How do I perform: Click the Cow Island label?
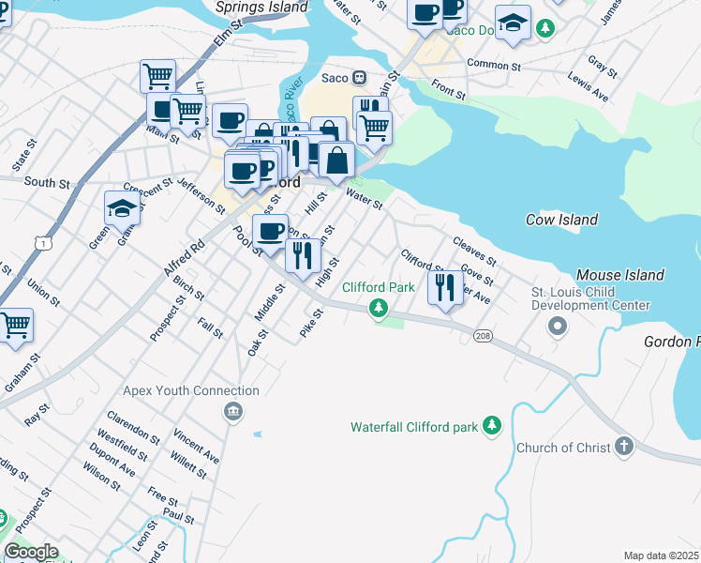561,220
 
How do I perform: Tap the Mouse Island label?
619,275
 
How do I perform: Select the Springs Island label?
261,7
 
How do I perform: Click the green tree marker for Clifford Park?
378,308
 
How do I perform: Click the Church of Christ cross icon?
625,448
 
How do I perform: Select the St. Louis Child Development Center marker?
558,327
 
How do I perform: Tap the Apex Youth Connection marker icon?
231,411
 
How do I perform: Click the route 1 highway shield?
42,243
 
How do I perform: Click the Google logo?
30,552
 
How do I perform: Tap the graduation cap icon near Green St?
122,207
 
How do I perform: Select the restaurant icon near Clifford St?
446,286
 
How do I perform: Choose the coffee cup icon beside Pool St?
270,231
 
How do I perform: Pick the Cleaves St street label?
473,251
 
